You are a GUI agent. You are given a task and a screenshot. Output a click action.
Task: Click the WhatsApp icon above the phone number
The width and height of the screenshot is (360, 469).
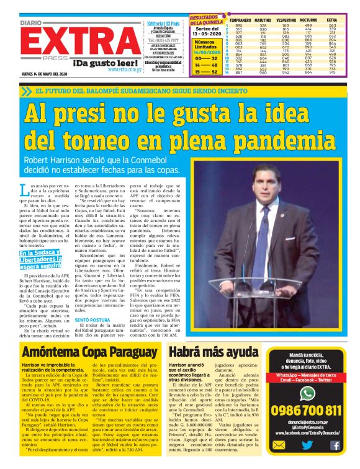tap(307, 393)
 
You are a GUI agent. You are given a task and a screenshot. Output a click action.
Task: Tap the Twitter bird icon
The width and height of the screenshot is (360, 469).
tap(307, 445)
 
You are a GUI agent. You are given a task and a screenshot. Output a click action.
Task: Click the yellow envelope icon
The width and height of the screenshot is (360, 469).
tap(279, 445)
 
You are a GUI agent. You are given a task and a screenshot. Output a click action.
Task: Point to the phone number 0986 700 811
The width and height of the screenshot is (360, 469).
tap(307, 411)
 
